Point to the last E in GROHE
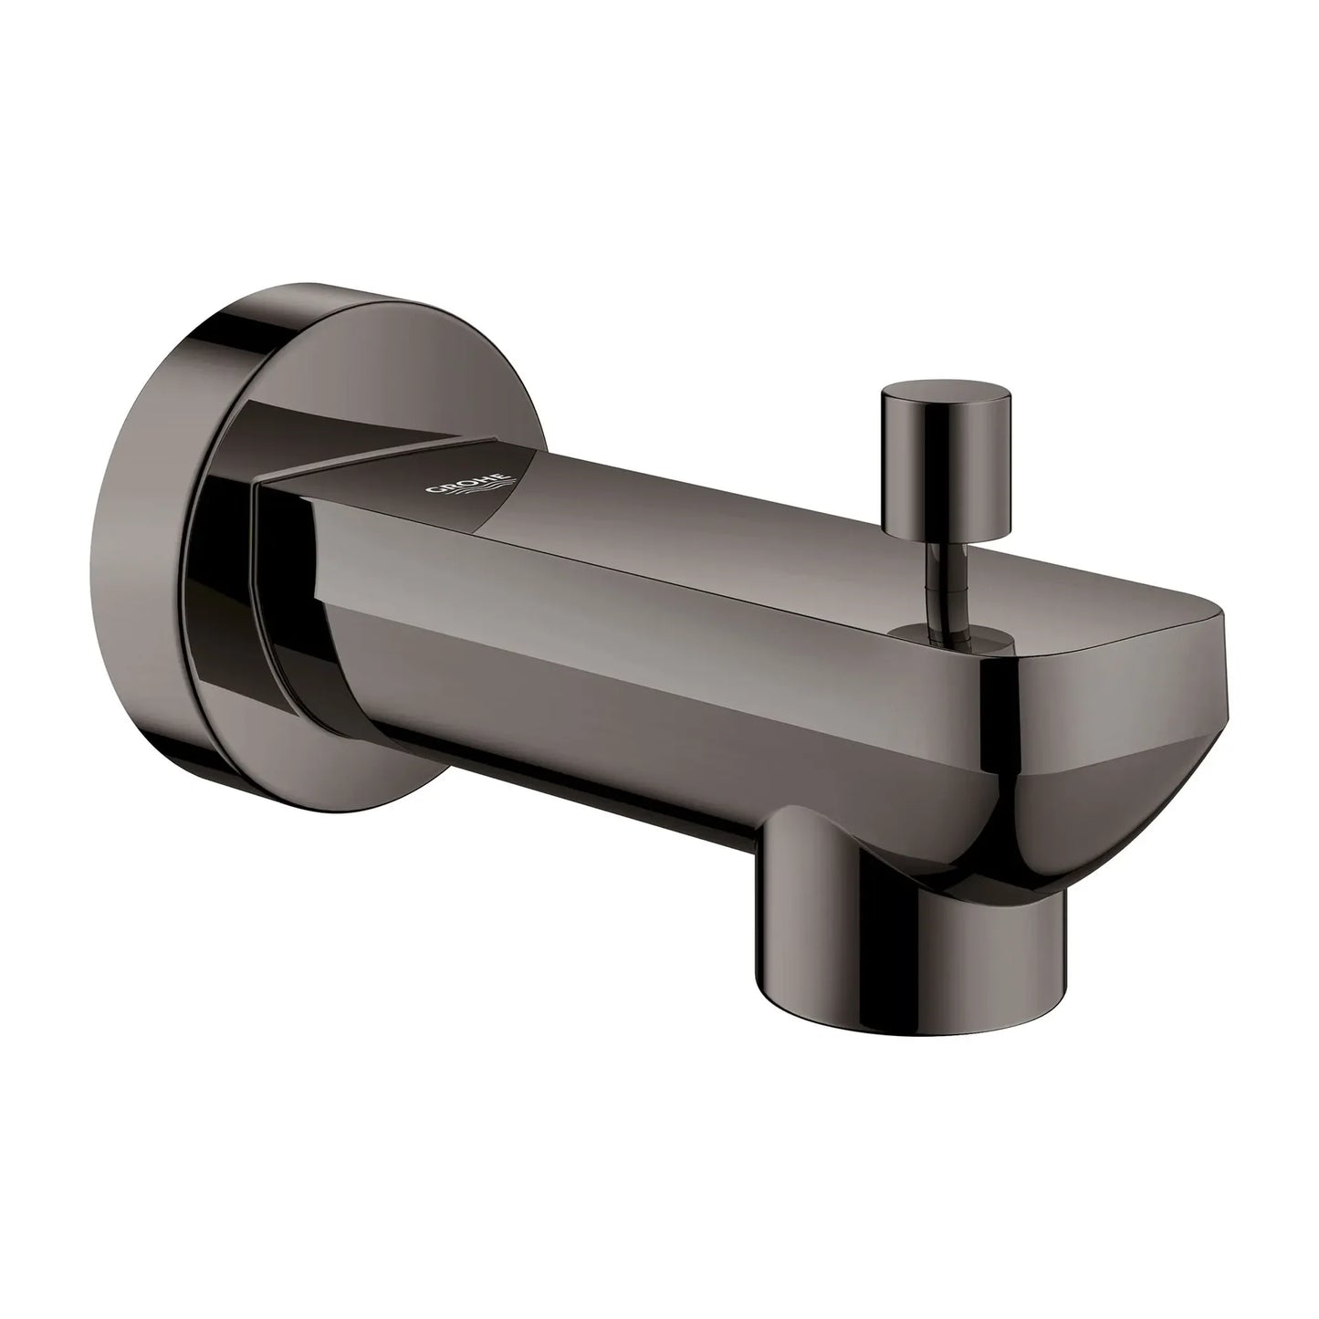(505, 476)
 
